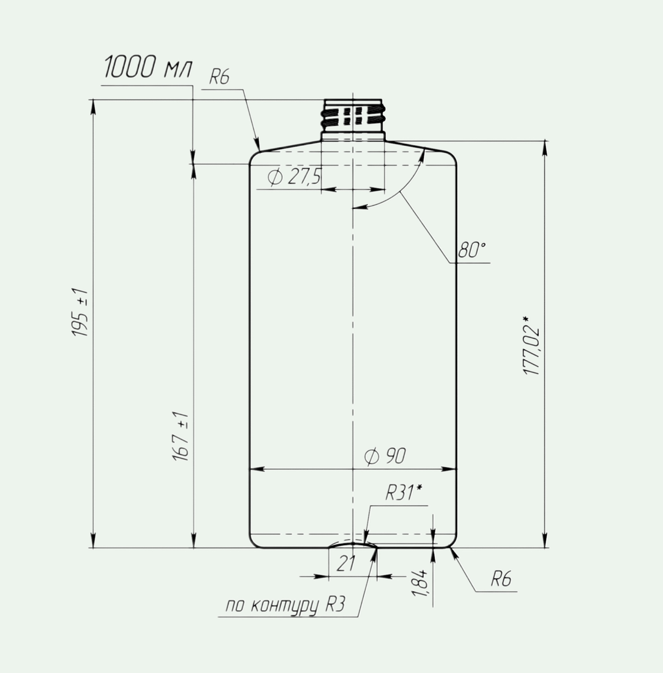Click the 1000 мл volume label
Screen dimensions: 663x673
148,68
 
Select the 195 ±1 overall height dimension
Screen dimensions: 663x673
81,313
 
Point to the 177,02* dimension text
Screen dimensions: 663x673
532,345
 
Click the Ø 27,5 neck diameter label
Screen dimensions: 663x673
294,177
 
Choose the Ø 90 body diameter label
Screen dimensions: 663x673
385,456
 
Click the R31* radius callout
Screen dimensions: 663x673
404,494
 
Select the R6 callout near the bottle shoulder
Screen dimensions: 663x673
219,78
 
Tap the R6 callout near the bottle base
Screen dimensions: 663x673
501,579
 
